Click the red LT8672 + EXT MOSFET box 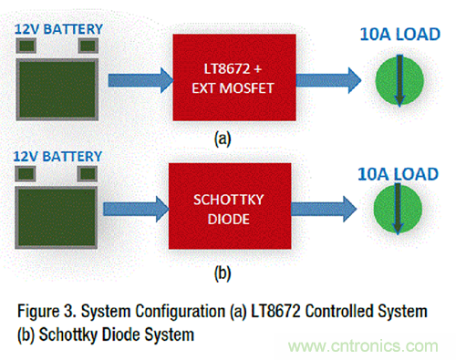[234, 77]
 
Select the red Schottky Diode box [230, 206]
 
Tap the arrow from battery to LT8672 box [140, 80]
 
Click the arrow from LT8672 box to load [328, 80]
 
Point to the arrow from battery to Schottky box [136, 209]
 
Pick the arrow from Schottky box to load [324, 209]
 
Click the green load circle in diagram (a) [399, 81]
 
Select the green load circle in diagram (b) [398, 209]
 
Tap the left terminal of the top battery [26, 46]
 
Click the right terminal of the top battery [88, 46]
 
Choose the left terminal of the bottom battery [26, 174]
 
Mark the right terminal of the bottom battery [88, 174]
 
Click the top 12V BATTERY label [58, 29]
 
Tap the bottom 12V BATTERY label [57, 157]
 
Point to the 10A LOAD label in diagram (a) [400, 35]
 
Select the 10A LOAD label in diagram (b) [399, 174]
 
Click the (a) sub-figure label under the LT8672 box [223, 139]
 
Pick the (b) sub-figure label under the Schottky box [223, 273]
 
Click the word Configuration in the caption [180, 312]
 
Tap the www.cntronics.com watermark [363, 346]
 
